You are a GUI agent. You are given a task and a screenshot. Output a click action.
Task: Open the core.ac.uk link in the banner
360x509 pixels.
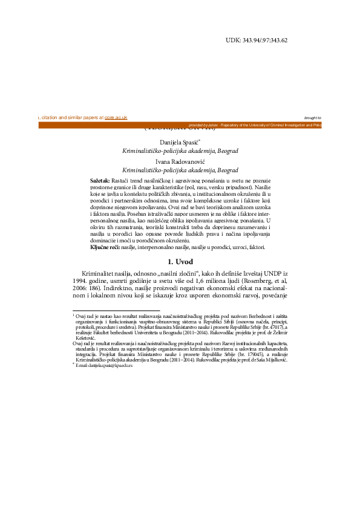pyautogui.click(x=116, y=118)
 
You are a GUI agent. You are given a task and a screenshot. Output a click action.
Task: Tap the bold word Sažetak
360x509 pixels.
pyautogui.click(x=100, y=181)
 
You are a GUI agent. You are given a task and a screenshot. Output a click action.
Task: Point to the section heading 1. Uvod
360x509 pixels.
pyautogui.click(x=180, y=261)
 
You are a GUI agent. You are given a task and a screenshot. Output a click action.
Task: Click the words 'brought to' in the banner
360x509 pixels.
pyautogui.click(x=313, y=118)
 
